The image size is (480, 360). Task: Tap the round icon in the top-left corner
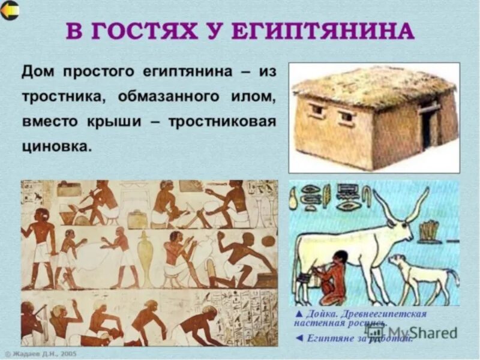[10, 10]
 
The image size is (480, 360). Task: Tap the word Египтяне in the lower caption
[330, 338]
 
